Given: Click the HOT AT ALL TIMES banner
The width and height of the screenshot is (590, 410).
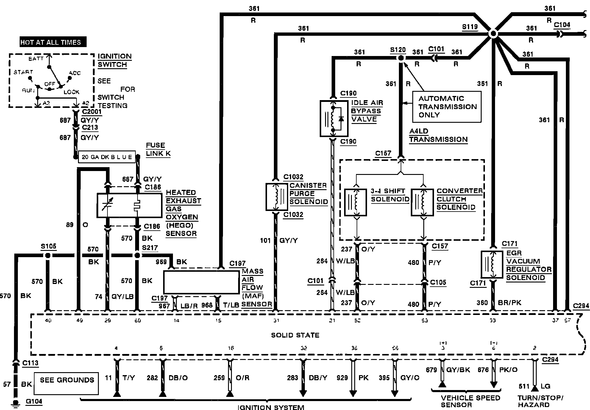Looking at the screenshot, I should [x=53, y=42].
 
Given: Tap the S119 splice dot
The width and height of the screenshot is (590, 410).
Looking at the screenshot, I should [x=493, y=34].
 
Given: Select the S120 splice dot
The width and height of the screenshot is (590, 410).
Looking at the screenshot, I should [x=401, y=58].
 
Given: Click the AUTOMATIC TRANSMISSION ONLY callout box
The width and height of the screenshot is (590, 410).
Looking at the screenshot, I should [x=447, y=107].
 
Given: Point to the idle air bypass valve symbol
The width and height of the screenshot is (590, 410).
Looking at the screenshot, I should [x=334, y=118].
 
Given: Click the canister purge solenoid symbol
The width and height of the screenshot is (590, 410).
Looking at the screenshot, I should [x=277, y=197].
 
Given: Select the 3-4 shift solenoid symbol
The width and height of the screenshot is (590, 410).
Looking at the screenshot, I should [x=355, y=202].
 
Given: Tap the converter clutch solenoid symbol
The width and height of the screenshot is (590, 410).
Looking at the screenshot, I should [x=422, y=202].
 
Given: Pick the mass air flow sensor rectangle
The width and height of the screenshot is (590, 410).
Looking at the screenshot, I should [x=201, y=282].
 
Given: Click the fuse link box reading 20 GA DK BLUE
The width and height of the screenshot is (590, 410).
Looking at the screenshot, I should [x=107, y=157].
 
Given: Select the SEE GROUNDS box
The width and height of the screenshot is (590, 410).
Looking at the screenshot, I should [x=66, y=383].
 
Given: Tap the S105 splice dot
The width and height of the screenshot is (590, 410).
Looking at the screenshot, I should [x=47, y=255].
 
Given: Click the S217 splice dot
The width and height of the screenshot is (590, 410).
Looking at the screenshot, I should [x=137, y=255].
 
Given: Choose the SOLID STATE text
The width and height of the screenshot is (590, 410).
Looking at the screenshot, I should [x=295, y=335].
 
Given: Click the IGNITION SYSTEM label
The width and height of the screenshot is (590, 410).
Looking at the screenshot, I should [x=271, y=407].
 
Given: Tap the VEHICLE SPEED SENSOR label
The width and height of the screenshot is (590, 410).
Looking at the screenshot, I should [x=470, y=401].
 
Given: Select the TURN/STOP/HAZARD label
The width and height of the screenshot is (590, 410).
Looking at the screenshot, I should [x=540, y=401].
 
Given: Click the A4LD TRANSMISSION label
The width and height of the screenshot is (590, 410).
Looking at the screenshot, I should [x=438, y=135].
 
